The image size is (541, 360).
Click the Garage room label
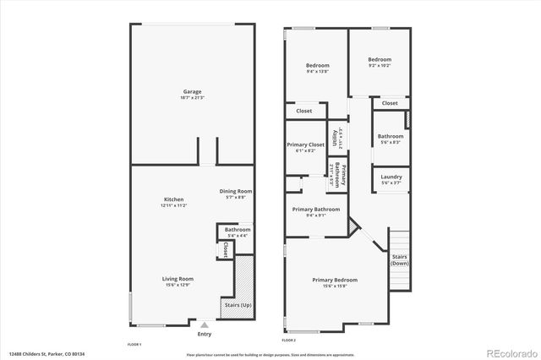(192, 94)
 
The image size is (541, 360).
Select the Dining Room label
(236, 193)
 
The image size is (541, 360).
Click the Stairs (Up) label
(237, 304)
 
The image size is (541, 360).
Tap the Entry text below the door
(204, 335)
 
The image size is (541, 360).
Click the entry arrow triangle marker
(204, 324)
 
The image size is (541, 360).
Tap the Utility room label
(336, 136)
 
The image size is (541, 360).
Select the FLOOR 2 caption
(289, 340)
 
